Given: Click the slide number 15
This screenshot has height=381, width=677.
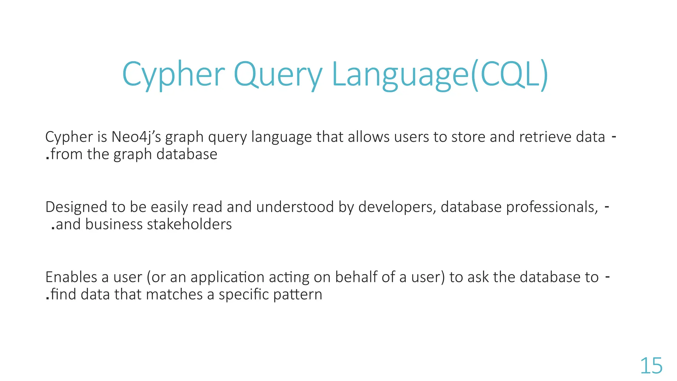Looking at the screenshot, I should pos(651,366).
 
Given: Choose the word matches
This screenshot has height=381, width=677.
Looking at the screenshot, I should pos(174,294).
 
